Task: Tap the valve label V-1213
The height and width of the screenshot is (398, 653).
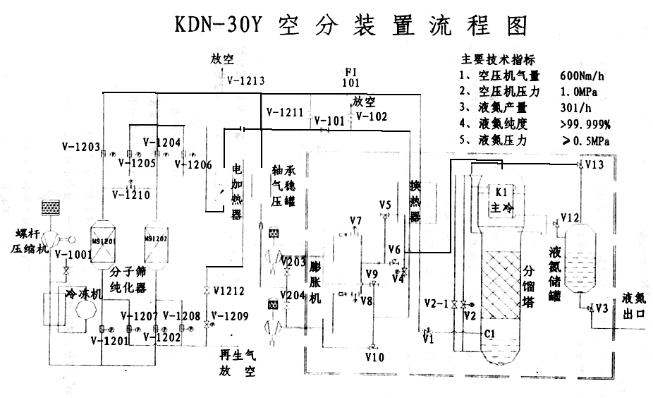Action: pyautogui.click(x=245, y=80)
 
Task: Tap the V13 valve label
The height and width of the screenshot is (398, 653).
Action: pyautogui.click(x=594, y=165)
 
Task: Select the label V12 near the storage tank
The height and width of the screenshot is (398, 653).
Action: pyautogui.click(x=570, y=216)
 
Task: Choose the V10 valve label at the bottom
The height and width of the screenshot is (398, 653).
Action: pyautogui.click(x=374, y=358)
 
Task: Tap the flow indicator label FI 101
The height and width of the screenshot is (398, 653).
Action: pyautogui.click(x=350, y=78)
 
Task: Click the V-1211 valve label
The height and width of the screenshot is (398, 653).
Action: pyautogui.click(x=285, y=112)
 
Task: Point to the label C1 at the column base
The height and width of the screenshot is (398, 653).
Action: pyautogui.click(x=489, y=332)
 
